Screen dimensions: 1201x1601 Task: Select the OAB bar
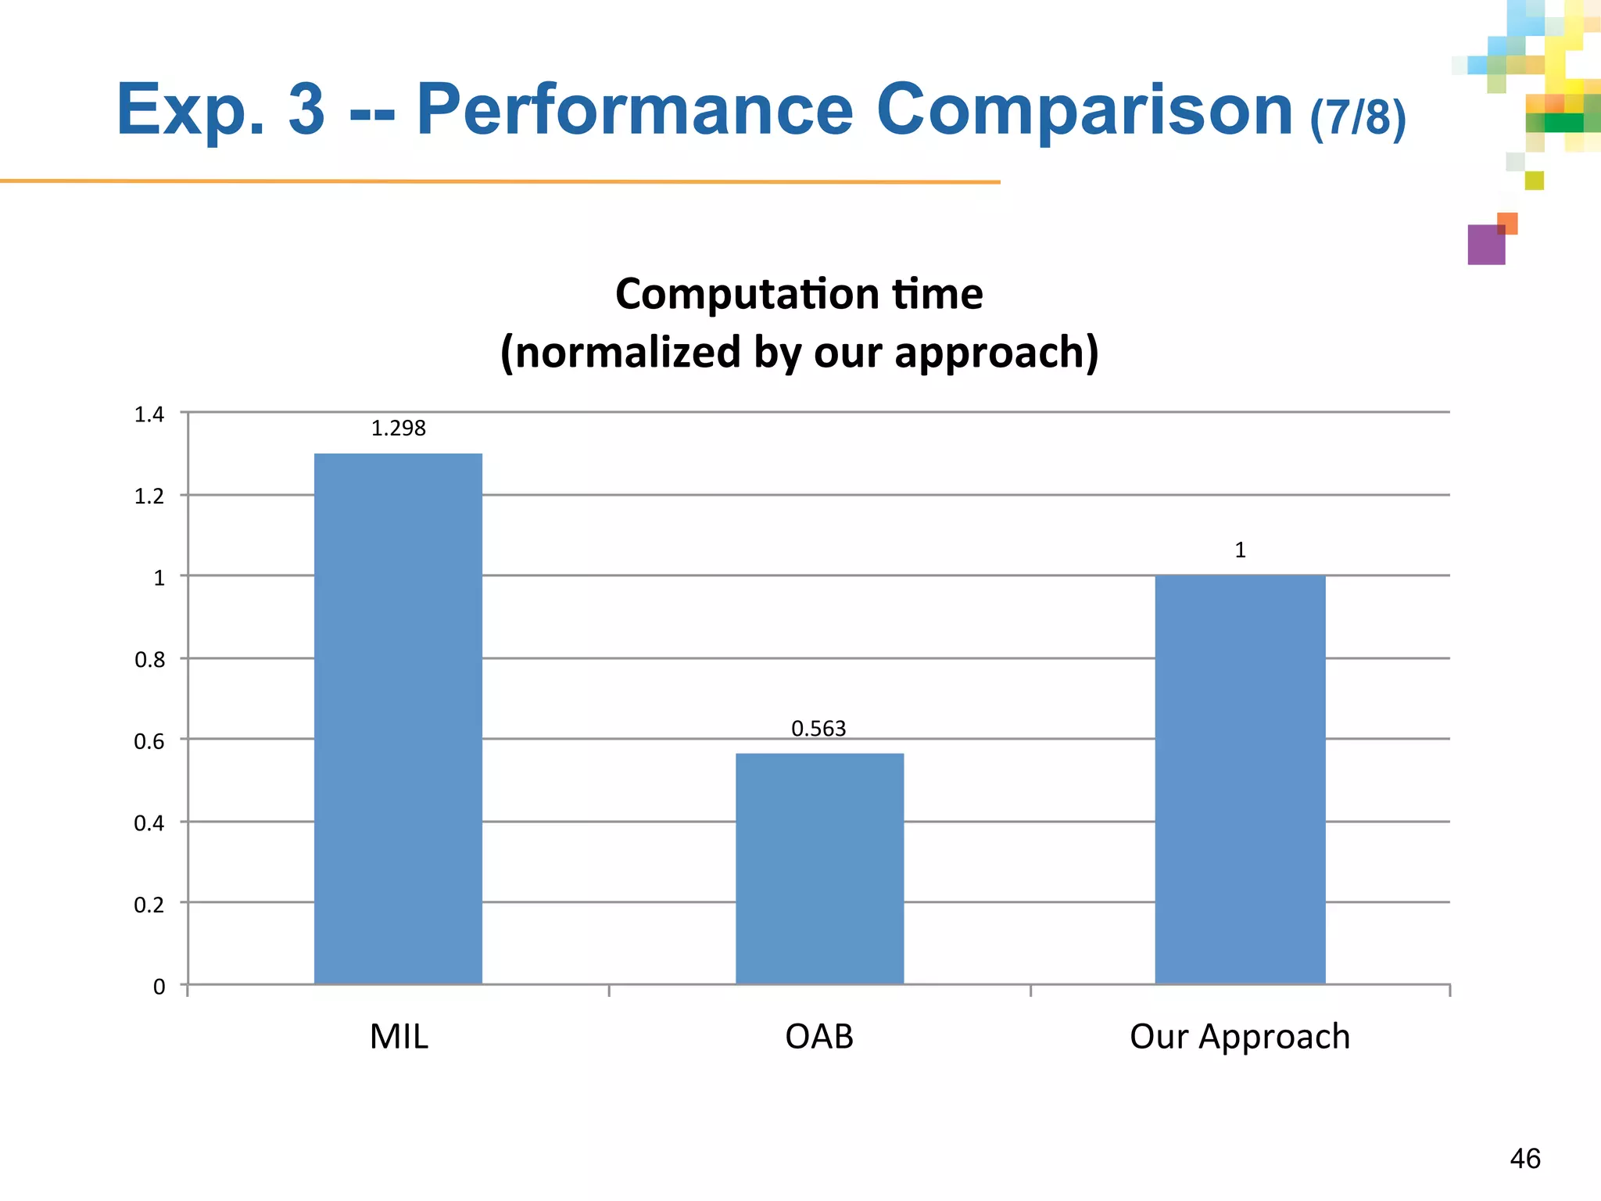pos(819,868)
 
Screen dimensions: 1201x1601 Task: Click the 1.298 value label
pos(398,428)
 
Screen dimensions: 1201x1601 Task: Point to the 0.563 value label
pos(818,729)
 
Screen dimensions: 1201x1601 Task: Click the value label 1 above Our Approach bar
pos(1240,550)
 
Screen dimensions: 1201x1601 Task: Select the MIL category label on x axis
pos(399,1037)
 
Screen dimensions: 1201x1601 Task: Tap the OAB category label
pos(818,1037)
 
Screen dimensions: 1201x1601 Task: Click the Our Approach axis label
pos(1240,1037)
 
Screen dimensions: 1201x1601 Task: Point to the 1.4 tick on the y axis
pos(149,414)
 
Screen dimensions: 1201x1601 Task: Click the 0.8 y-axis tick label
pos(149,660)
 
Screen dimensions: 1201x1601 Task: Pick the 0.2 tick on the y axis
pos(149,905)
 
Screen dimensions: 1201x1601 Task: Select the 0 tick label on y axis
pos(159,987)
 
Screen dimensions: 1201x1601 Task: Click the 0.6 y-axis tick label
pos(149,741)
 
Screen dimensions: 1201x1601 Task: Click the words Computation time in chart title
pos(799,295)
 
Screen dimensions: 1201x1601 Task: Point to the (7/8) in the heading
pos(1358,117)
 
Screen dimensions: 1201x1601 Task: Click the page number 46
pos(1524,1159)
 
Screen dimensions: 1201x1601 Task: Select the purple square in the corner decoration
pos(1485,245)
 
